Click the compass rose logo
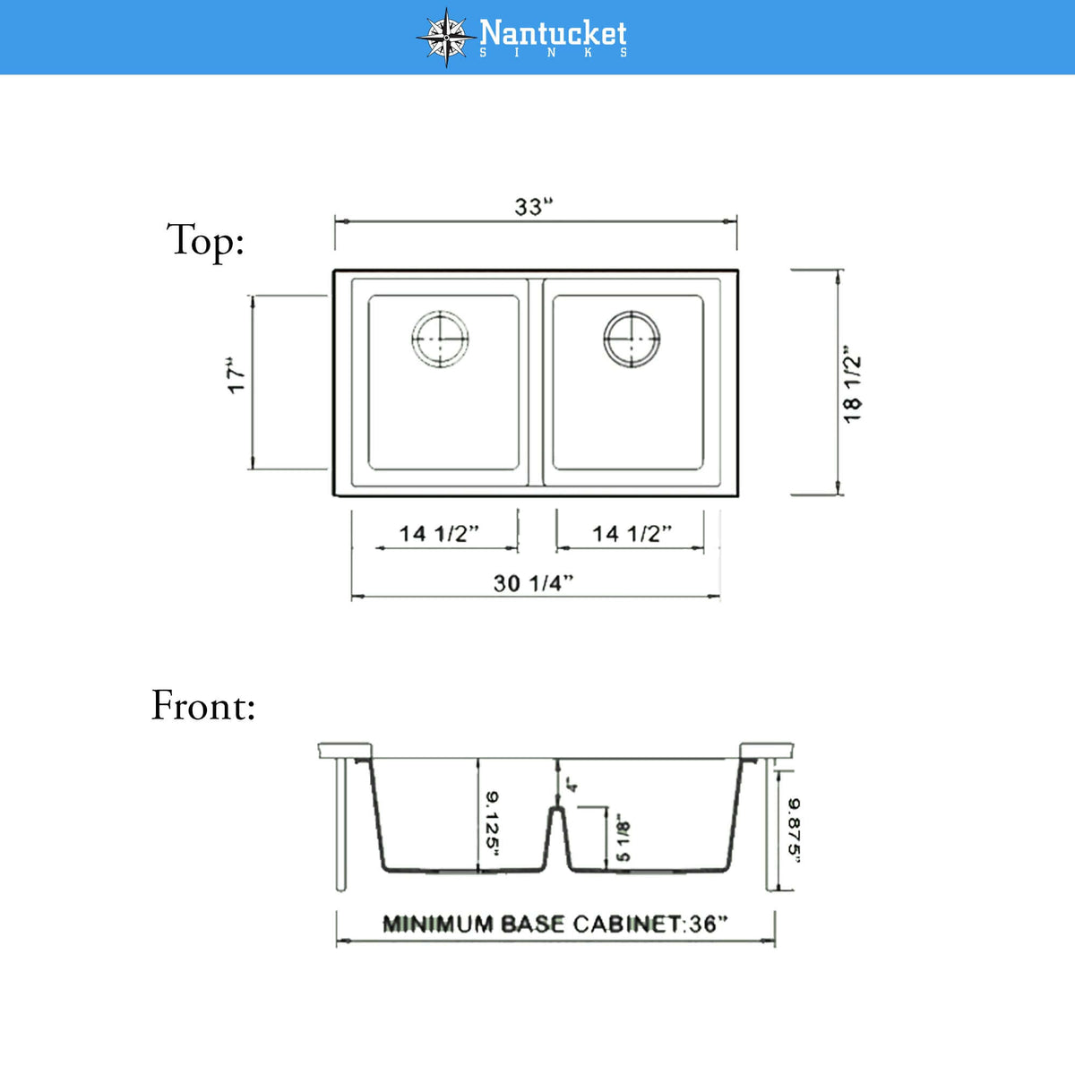coord(446,38)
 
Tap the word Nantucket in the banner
coord(553,33)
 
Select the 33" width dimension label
coord(533,206)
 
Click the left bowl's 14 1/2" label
coord(439,534)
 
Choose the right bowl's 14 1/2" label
coord(632,534)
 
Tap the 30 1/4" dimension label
coord(533,583)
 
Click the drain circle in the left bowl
coord(440,339)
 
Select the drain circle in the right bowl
coord(632,339)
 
